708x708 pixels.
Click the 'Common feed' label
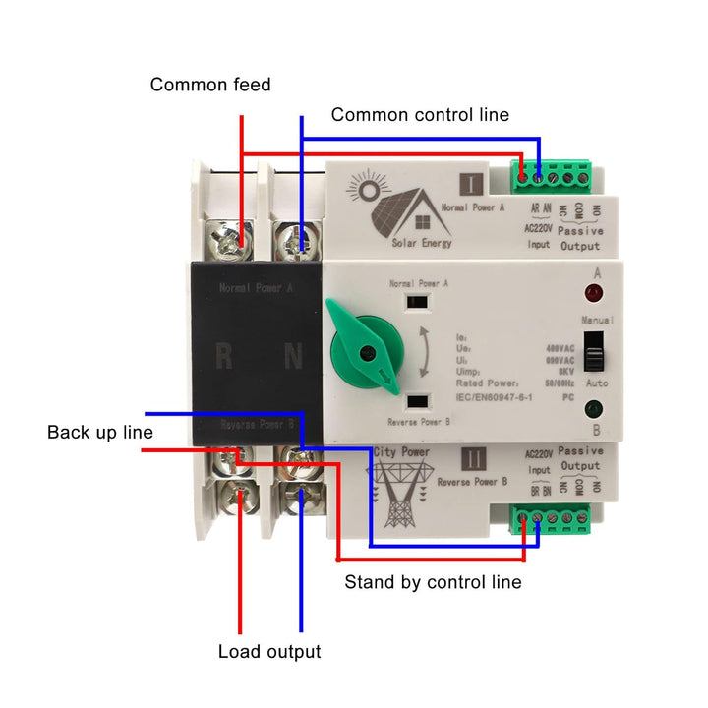point(209,86)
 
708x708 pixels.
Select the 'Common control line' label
point(420,115)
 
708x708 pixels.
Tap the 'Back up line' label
point(100,433)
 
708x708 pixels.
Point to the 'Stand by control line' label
point(433,582)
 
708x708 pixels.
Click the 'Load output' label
point(269,652)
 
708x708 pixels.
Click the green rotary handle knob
point(363,350)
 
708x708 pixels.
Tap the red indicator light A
point(593,293)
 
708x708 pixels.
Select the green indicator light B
point(593,412)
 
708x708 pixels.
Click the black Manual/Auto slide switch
point(593,349)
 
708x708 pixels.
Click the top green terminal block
point(552,176)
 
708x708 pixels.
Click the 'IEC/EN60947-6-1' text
point(497,396)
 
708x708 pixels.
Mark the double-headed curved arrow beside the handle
point(422,353)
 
